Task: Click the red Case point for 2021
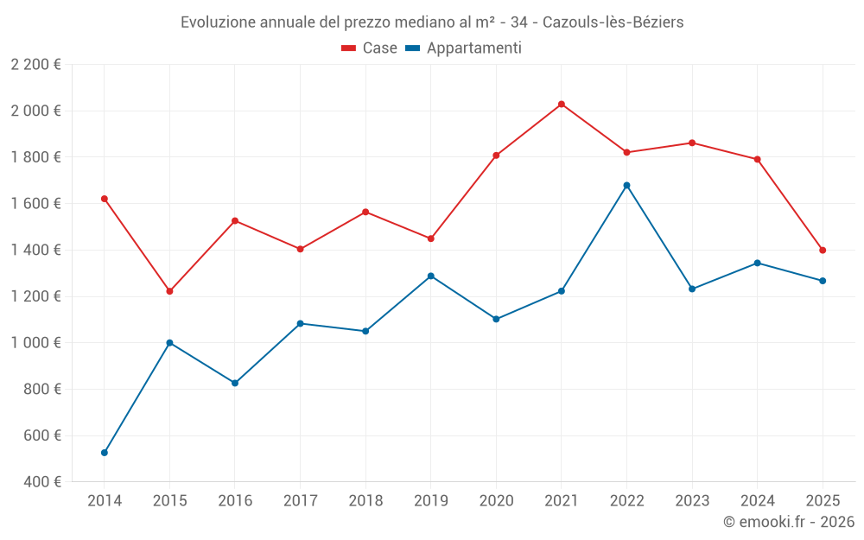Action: point(562,105)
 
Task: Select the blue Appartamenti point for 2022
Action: point(626,185)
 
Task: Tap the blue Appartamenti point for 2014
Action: point(105,453)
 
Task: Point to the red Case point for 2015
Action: point(169,291)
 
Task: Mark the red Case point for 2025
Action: point(823,251)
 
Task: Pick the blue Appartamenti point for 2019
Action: point(430,276)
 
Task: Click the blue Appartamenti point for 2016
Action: point(235,383)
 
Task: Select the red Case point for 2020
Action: point(496,156)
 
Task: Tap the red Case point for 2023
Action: point(692,143)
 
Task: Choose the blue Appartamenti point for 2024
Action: point(758,263)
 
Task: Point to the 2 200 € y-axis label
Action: point(35,65)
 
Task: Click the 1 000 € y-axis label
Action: point(35,343)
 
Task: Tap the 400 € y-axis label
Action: point(41,482)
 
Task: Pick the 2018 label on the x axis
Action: point(365,500)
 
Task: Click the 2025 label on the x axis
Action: point(823,500)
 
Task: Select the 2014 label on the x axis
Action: point(105,500)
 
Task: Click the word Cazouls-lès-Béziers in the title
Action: point(613,22)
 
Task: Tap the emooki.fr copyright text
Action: point(788,522)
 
